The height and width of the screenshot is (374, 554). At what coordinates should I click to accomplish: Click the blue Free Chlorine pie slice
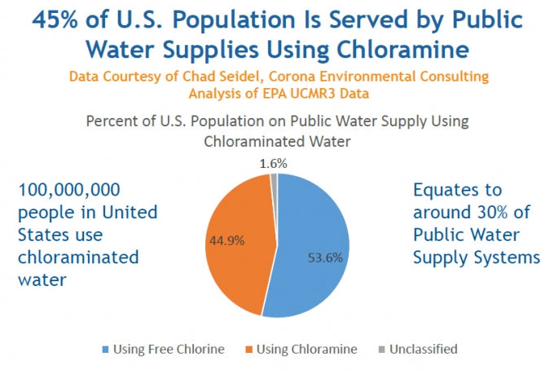[x=314, y=236]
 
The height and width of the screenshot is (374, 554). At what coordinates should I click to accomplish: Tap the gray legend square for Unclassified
[x=384, y=350]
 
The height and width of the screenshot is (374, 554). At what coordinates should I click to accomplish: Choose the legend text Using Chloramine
[x=306, y=350]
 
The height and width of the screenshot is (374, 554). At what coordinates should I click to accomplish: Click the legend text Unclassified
[x=424, y=350]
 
